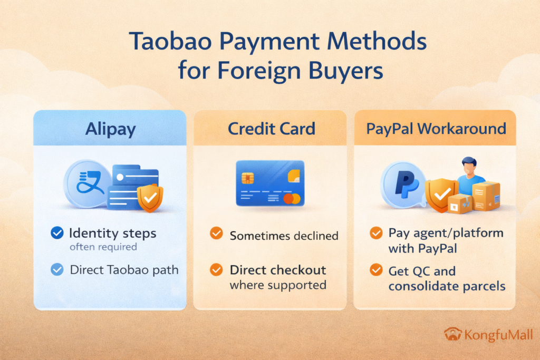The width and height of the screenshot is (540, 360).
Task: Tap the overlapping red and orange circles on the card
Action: (x=291, y=199)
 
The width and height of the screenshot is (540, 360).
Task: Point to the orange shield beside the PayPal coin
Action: (x=441, y=196)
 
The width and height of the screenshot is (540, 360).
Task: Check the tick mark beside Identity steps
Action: (x=57, y=233)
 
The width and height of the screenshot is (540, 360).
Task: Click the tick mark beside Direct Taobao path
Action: (x=57, y=269)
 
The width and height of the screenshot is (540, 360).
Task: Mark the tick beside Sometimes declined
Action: (x=216, y=233)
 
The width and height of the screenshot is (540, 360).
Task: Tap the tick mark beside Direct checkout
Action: (x=216, y=270)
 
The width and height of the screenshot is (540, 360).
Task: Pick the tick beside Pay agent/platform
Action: (x=376, y=233)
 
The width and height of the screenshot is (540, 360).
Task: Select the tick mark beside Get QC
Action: (x=376, y=271)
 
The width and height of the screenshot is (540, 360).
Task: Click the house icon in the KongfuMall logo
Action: (x=452, y=334)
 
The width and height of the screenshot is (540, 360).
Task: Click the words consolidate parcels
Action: (x=447, y=286)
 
